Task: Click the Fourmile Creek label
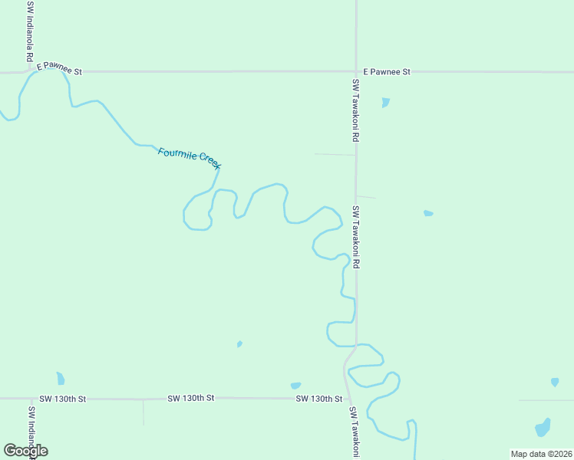pos(190,157)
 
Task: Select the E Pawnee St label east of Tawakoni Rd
pos(387,71)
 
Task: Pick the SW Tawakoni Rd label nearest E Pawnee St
pos(356,110)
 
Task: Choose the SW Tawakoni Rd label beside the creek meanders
pos(356,236)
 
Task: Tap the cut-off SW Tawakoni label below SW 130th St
pos(355,432)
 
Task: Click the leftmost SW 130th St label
pos(63,399)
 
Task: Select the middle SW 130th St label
pos(191,399)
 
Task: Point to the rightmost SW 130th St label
pos(318,399)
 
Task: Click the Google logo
pos(25,451)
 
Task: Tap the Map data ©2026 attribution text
pos(540,454)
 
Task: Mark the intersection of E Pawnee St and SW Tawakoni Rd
pos(356,71)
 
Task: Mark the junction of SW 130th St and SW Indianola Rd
pos(32,399)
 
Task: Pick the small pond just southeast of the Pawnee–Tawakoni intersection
pos(385,102)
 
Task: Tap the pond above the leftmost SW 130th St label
pos(61,378)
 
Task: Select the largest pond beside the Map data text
pos(543,427)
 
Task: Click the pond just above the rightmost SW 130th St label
pos(295,386)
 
